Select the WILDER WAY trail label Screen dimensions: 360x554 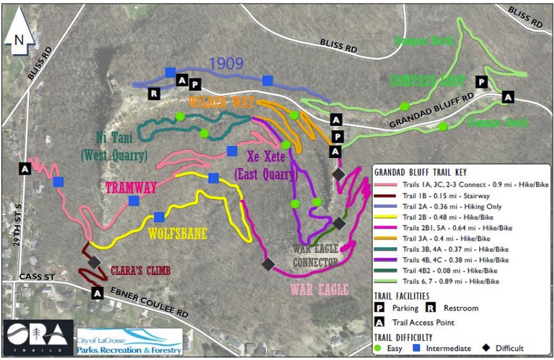(222, 102)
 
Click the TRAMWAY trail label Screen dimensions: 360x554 (131, 188)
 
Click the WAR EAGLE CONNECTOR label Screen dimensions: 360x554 (315, 255)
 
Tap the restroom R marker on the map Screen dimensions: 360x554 (154, 93)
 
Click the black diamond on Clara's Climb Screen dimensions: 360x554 (94, 261)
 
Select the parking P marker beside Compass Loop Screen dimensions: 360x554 (482, 82)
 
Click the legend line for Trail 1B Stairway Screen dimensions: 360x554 (388, 195)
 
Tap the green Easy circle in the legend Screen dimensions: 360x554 (381, 348)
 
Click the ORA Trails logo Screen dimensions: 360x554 (37, 337)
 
